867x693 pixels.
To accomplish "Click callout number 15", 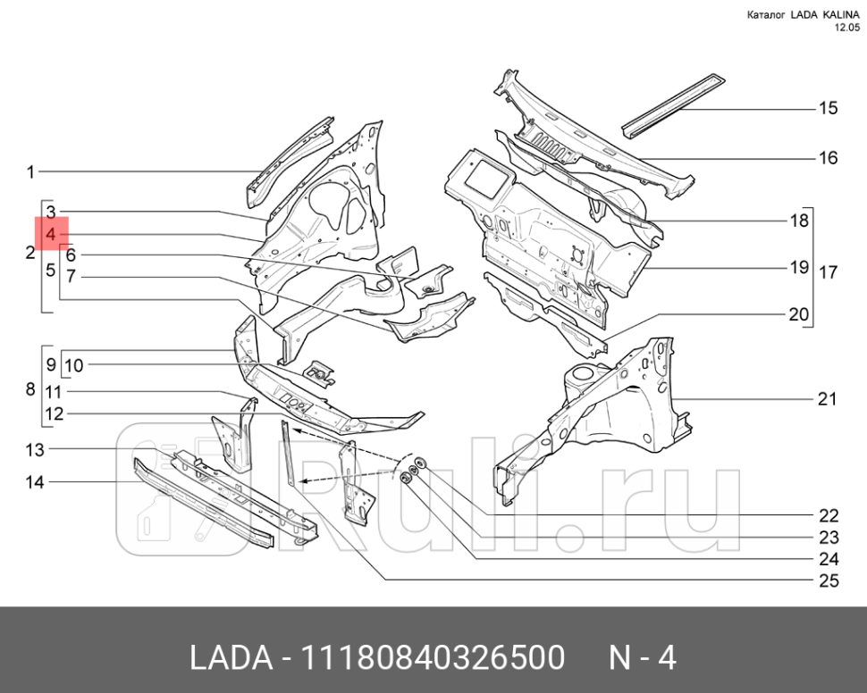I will [828, 108].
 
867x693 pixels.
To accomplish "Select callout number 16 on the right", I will [828, 158].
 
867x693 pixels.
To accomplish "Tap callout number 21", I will [828, 398].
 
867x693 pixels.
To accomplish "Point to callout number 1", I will [30, 171].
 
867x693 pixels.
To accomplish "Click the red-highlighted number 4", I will [52, 234].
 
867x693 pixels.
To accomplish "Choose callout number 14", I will [34, 482].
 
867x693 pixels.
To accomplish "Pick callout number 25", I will [829, 581].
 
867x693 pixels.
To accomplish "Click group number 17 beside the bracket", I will [829, 271].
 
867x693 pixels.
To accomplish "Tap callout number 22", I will [829, 515].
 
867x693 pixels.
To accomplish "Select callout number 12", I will [55, 414].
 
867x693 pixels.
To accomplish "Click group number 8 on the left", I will [30, 389].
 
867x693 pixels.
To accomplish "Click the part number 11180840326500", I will [433, 659].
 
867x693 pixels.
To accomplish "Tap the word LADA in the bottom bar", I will [231, 659].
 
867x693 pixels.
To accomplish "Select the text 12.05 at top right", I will [846, 28].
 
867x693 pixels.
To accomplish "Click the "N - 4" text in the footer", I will [642, 659].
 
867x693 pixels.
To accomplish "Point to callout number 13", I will [34, 448].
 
